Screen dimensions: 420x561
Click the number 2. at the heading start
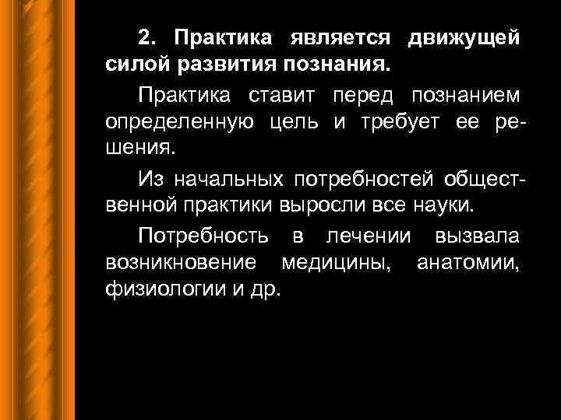[148, 38]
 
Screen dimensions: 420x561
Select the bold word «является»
[337, 38]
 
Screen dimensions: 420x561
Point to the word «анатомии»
[468, 263]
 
